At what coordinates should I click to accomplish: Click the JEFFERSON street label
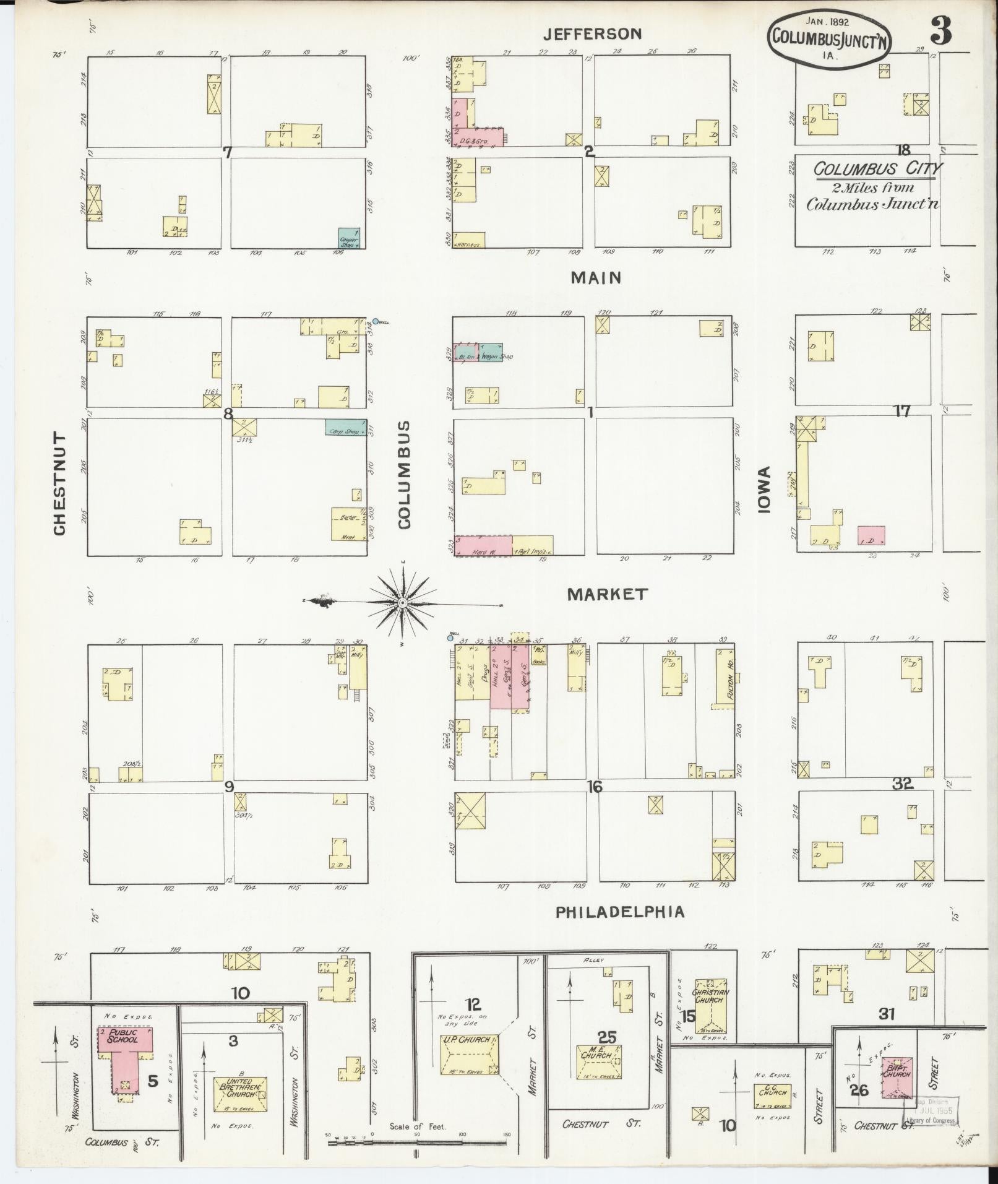click(x=592, y=35)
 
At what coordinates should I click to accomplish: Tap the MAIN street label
click(x=596, y=278)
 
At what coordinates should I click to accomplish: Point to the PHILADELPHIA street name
click(x=620, y=912)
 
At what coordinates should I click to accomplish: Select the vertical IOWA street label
click(x=765, y=490)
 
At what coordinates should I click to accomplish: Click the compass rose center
click(x=402, y=602)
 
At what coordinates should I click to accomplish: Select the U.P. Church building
click(x=469, y=1054)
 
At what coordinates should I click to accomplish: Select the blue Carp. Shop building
click(x=343, y=427)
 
